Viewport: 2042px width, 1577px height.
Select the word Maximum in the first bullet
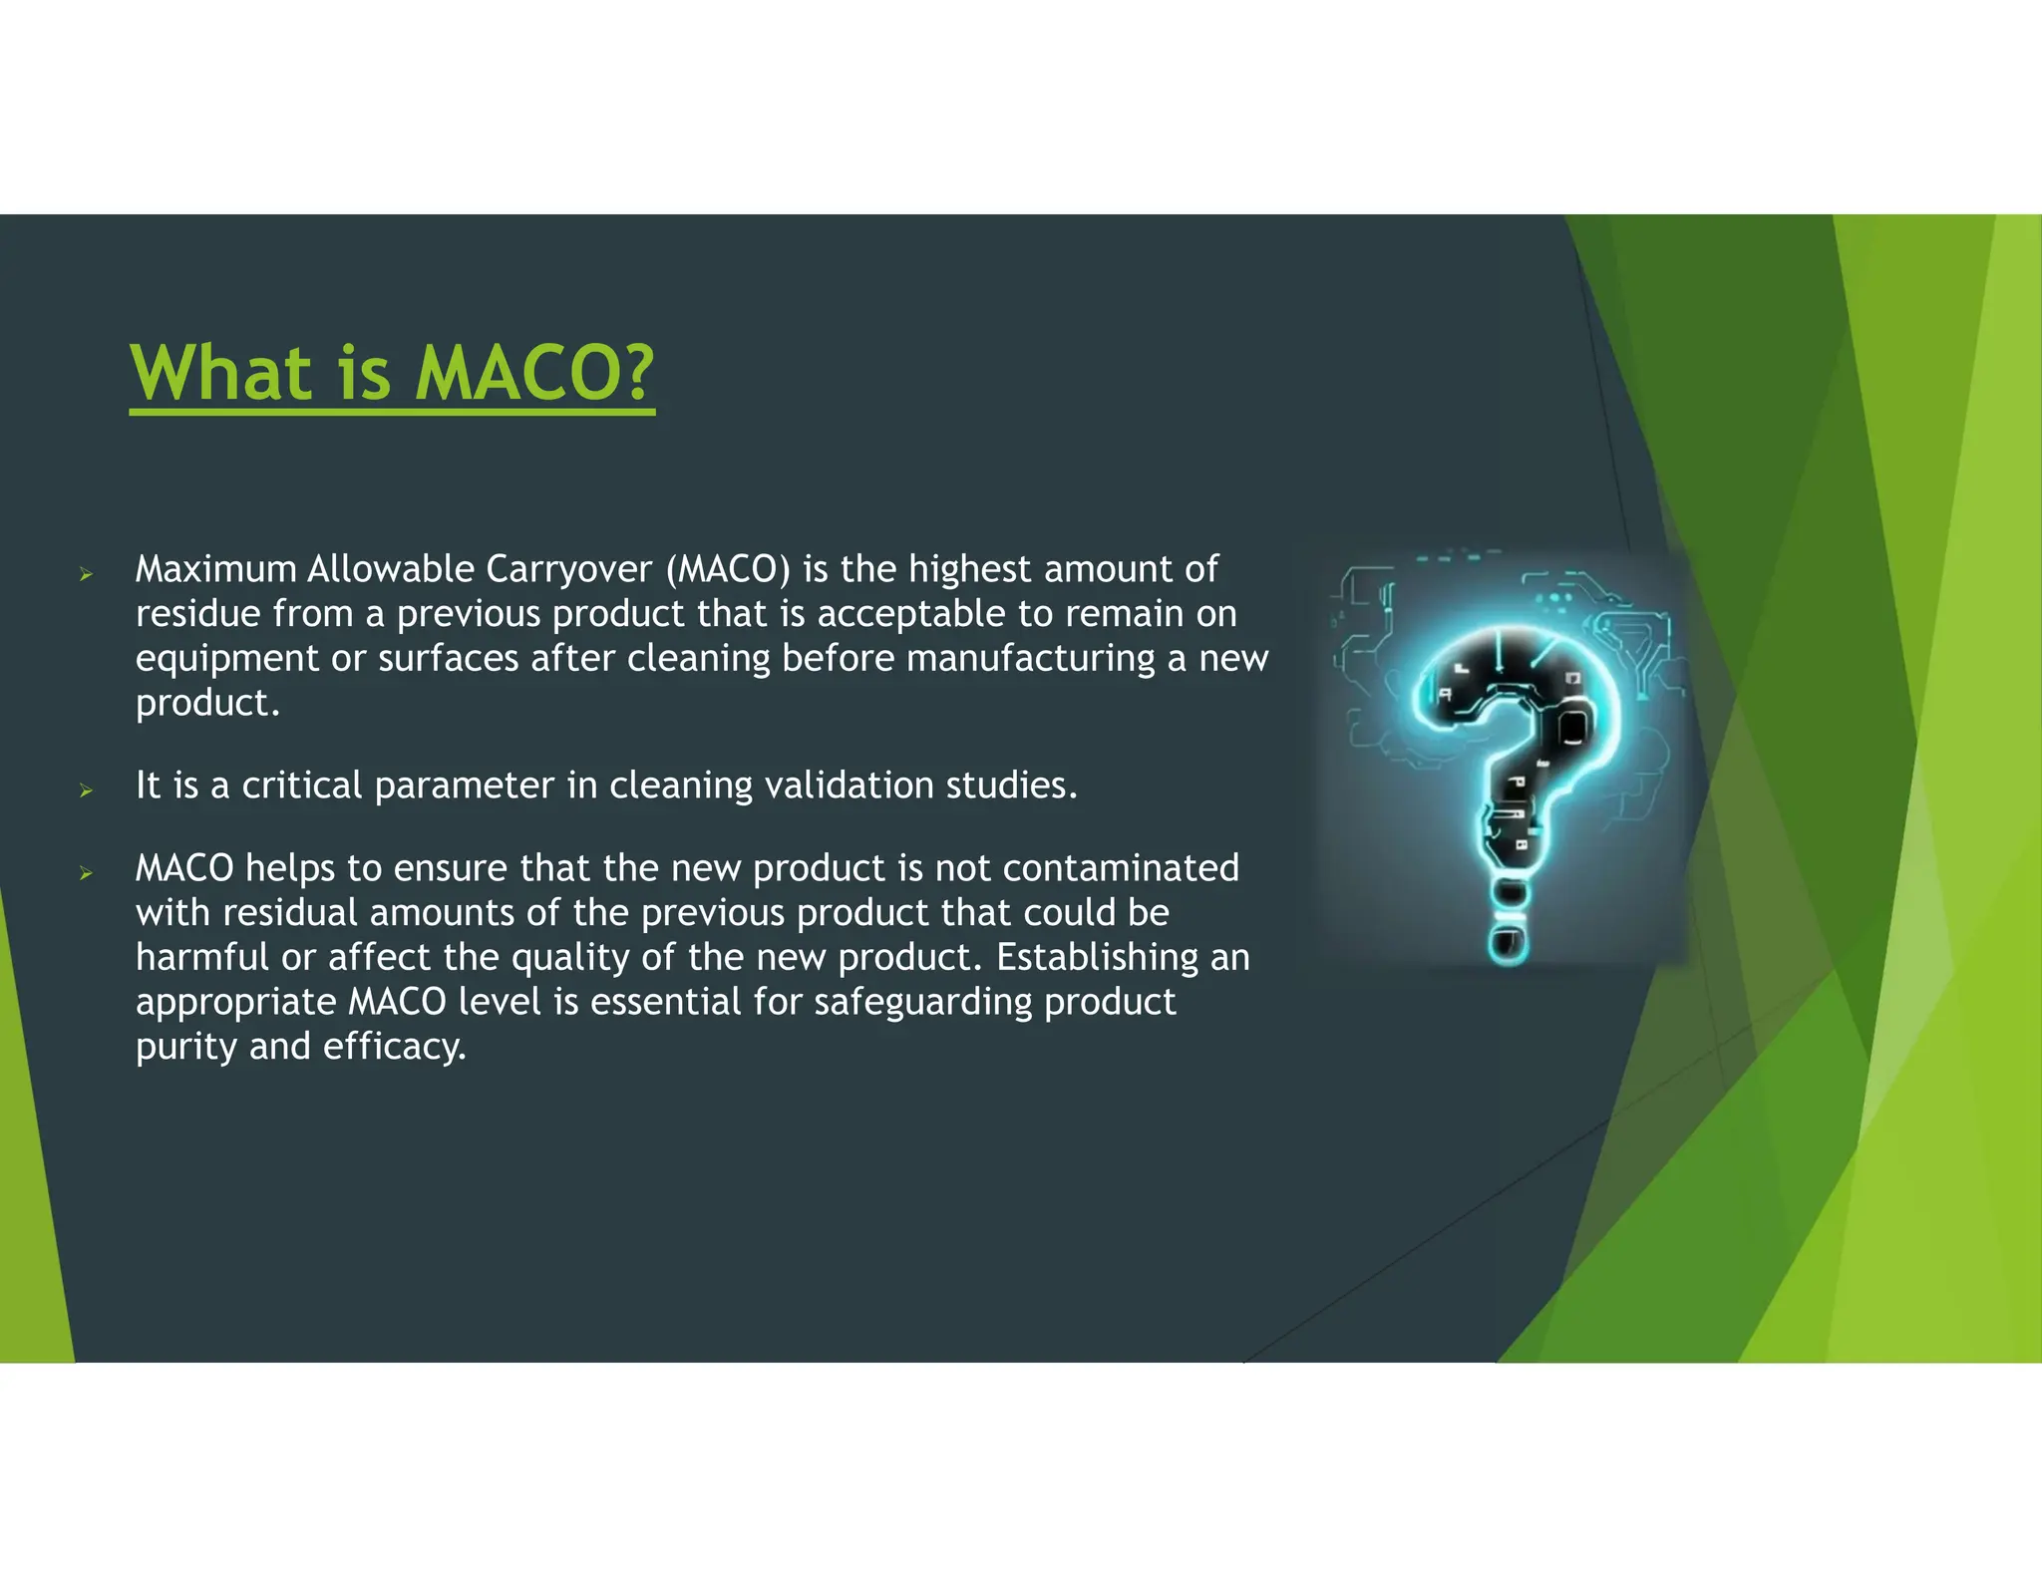(216, 569)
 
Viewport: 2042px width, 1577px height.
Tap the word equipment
(226, 659)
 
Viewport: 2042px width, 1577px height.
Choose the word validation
(849, 786)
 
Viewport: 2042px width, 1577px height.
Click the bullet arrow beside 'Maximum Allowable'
(87, 574)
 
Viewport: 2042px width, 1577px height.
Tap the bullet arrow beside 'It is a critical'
(87, 790)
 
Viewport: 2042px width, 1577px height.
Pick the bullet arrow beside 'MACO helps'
(87, 873)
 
